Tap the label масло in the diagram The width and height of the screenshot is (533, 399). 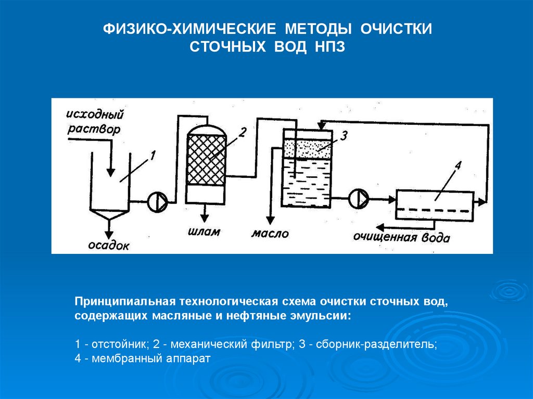pos(270,234)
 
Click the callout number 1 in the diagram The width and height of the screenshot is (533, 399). pos(153,155)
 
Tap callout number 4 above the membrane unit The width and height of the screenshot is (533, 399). pos(458,166)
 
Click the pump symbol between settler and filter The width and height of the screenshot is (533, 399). pos(157,200)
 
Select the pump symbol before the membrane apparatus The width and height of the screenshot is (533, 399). pos(359,198)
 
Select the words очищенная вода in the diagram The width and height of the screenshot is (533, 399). pos(401,238)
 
